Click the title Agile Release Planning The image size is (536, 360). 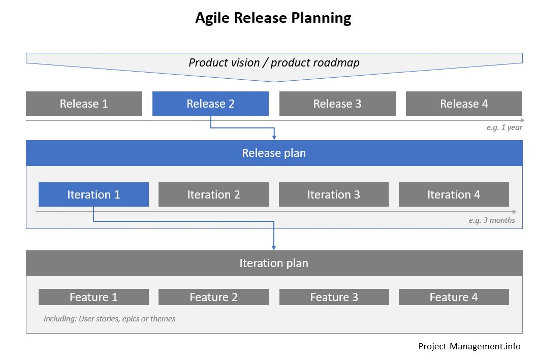tap(273, 19)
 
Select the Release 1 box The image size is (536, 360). tap(84, 104)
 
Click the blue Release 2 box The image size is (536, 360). tap(210, 104)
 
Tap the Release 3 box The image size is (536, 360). tap(337, 104)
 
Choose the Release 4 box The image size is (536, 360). tap(463, 104)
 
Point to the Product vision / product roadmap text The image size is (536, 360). tap(274, 63)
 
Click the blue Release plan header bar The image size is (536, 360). tap(274, 153)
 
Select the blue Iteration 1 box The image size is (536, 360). tap(93, 194)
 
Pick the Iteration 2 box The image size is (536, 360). tap(213, 194)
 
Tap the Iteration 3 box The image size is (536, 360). tap(333, 194)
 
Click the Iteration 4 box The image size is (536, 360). tap(453, 194)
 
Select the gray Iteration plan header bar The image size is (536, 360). tap(274, 263)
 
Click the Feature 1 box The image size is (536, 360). tap(93, 297)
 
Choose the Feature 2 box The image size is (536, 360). tap(213, 297)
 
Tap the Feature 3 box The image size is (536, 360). tap(334, 297)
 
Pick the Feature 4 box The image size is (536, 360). tap(453, 297)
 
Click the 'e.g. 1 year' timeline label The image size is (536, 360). tap(504, 127)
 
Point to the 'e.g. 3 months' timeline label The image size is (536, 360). tap(491, 220)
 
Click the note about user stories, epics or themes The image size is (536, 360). tap(109, 319)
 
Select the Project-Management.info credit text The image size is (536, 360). tap(469, 346)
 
